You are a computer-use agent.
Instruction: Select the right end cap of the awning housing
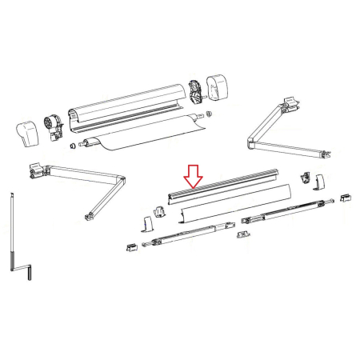click(218, 86)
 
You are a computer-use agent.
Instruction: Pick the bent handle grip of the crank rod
click(30, 271)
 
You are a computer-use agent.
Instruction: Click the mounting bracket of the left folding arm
click(36, 169)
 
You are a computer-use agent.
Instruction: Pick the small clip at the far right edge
click(345, 197)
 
